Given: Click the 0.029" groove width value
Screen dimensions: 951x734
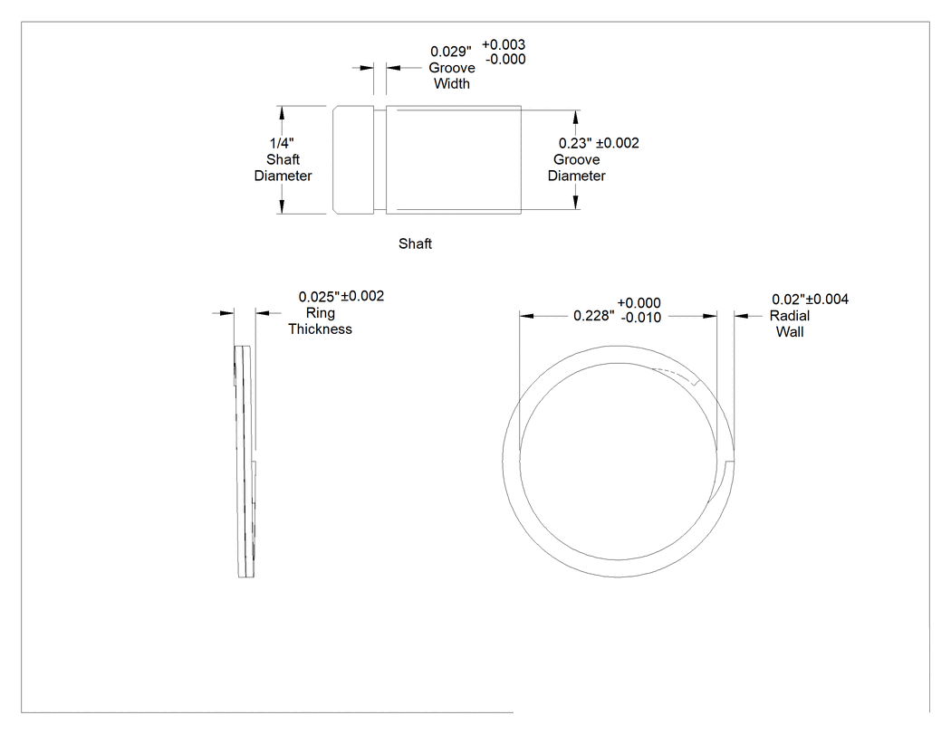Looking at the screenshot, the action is click(x=451, y=52).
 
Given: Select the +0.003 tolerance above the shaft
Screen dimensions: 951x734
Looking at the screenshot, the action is click(x=504, y=45).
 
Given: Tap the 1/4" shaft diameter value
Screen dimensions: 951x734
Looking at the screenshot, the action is click(x=282, y=144).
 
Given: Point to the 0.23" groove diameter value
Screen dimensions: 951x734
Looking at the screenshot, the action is click(x=575, y=143).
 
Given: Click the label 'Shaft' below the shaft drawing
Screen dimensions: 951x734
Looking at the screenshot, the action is click(x=415, y=243).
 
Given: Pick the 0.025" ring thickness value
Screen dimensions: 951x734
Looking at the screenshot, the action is click(x=320, y=297).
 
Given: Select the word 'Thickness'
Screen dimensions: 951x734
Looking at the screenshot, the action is click(x=321, y=329).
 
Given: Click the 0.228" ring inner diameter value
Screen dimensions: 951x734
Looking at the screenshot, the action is click(x=594, y=316).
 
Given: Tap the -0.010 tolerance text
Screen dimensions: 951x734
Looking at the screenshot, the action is click(x=641, y=318).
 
